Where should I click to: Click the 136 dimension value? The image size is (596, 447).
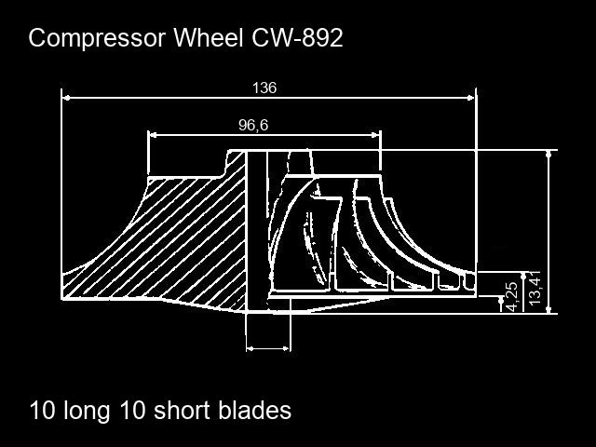click(x=264, y=88)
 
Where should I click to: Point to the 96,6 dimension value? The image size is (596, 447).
click(x=253, y=125)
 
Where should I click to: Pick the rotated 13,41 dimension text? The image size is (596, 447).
click(x=534, y=287)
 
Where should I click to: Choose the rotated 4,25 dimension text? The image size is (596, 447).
click(x=510, y=296)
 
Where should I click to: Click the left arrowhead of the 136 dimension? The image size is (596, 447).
click(x=66, y=96)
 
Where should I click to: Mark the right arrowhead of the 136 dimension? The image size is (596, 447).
click(x=470, y=96)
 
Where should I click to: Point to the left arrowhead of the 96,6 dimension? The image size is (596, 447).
click(x=154, y=134)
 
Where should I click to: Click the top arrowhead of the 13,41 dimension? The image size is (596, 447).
click(x=549, y=156)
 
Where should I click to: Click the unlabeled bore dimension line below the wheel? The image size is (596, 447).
click(x=267, y=349)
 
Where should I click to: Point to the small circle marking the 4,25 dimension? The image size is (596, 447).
click(x=500, y=298)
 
